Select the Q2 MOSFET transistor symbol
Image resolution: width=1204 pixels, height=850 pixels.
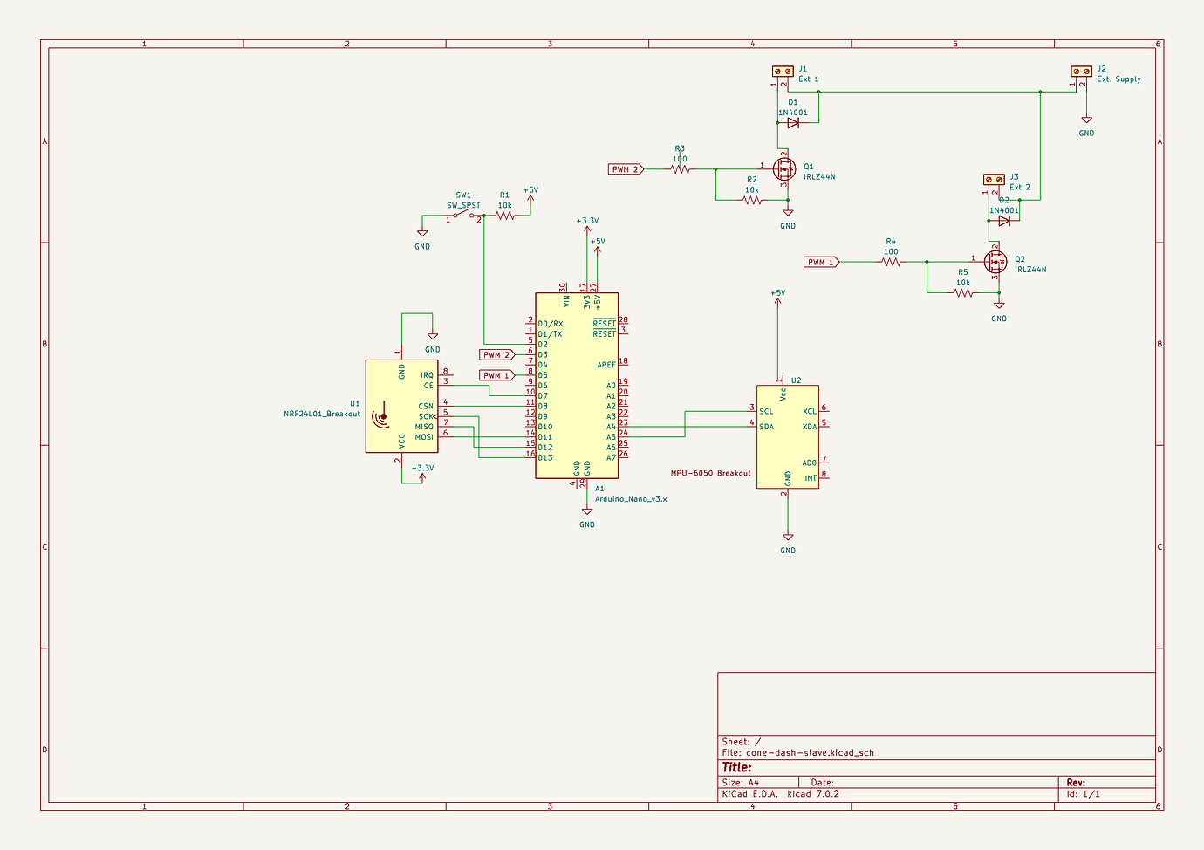point(995,261)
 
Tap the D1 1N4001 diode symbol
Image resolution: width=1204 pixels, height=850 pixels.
point(793,123)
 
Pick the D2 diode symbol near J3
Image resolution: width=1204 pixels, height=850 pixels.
point(1004,221)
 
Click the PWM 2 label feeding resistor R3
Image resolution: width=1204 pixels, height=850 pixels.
point(626,169)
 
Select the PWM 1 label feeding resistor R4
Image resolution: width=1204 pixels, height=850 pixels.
point(821,262)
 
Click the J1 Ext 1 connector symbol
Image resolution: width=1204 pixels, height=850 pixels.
point(783,71)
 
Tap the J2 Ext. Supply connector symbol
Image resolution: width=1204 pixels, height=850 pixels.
point(1081,71)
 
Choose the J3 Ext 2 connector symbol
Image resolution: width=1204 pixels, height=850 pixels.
point(994,179)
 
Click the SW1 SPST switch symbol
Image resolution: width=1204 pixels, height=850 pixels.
point(463,216)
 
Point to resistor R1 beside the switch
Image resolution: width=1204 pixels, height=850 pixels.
point(505,216)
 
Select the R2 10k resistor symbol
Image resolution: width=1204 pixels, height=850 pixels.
point(752,200)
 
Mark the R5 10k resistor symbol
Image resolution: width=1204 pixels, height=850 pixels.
point(963,293)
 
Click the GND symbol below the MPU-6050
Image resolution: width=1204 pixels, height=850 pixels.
point(788,538)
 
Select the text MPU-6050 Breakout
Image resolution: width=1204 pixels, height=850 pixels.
point(710,473)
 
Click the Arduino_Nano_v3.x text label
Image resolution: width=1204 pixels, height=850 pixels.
point(630,499)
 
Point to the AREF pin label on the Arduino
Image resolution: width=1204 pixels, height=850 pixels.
point(605,365)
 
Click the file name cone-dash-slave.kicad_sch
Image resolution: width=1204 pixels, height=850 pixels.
point(810,752)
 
